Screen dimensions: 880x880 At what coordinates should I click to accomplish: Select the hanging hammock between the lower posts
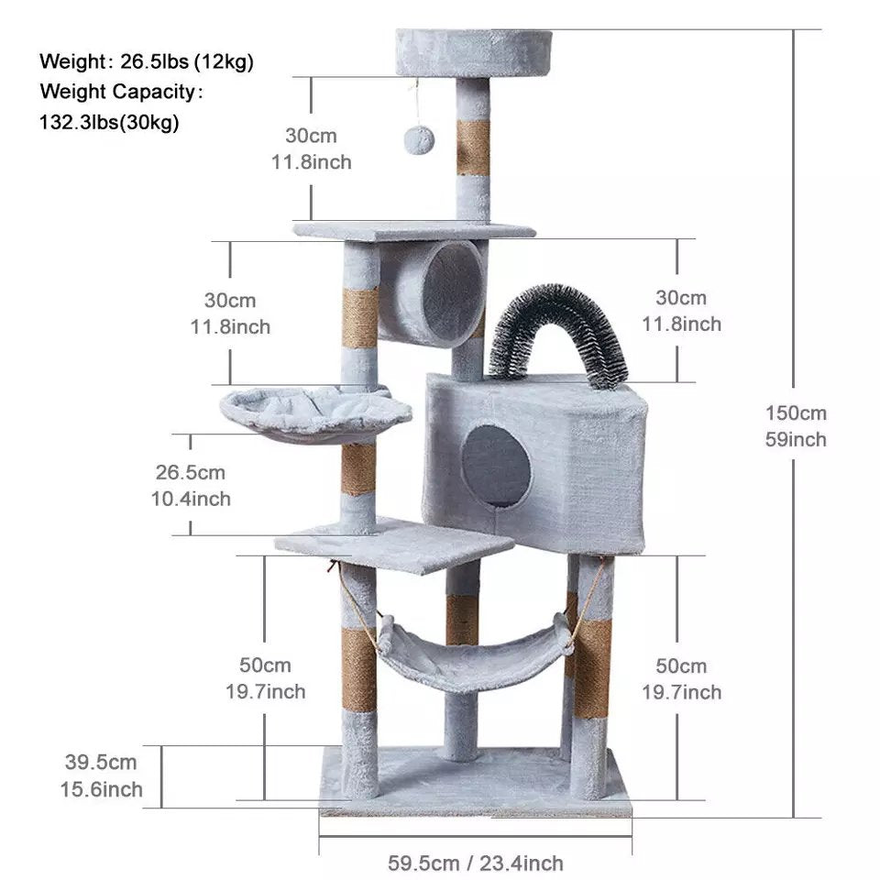[x=474, y=654]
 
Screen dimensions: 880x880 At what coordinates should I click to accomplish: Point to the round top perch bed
[x=474, y=52]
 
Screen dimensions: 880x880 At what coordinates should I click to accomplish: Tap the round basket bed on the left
[x=315, y=414]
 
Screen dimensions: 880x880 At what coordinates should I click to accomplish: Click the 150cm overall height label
[x=796, y=413]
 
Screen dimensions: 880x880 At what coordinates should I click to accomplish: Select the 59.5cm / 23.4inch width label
[x=476, y=863]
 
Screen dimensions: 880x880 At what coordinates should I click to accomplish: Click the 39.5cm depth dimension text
[x=101, y=762]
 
